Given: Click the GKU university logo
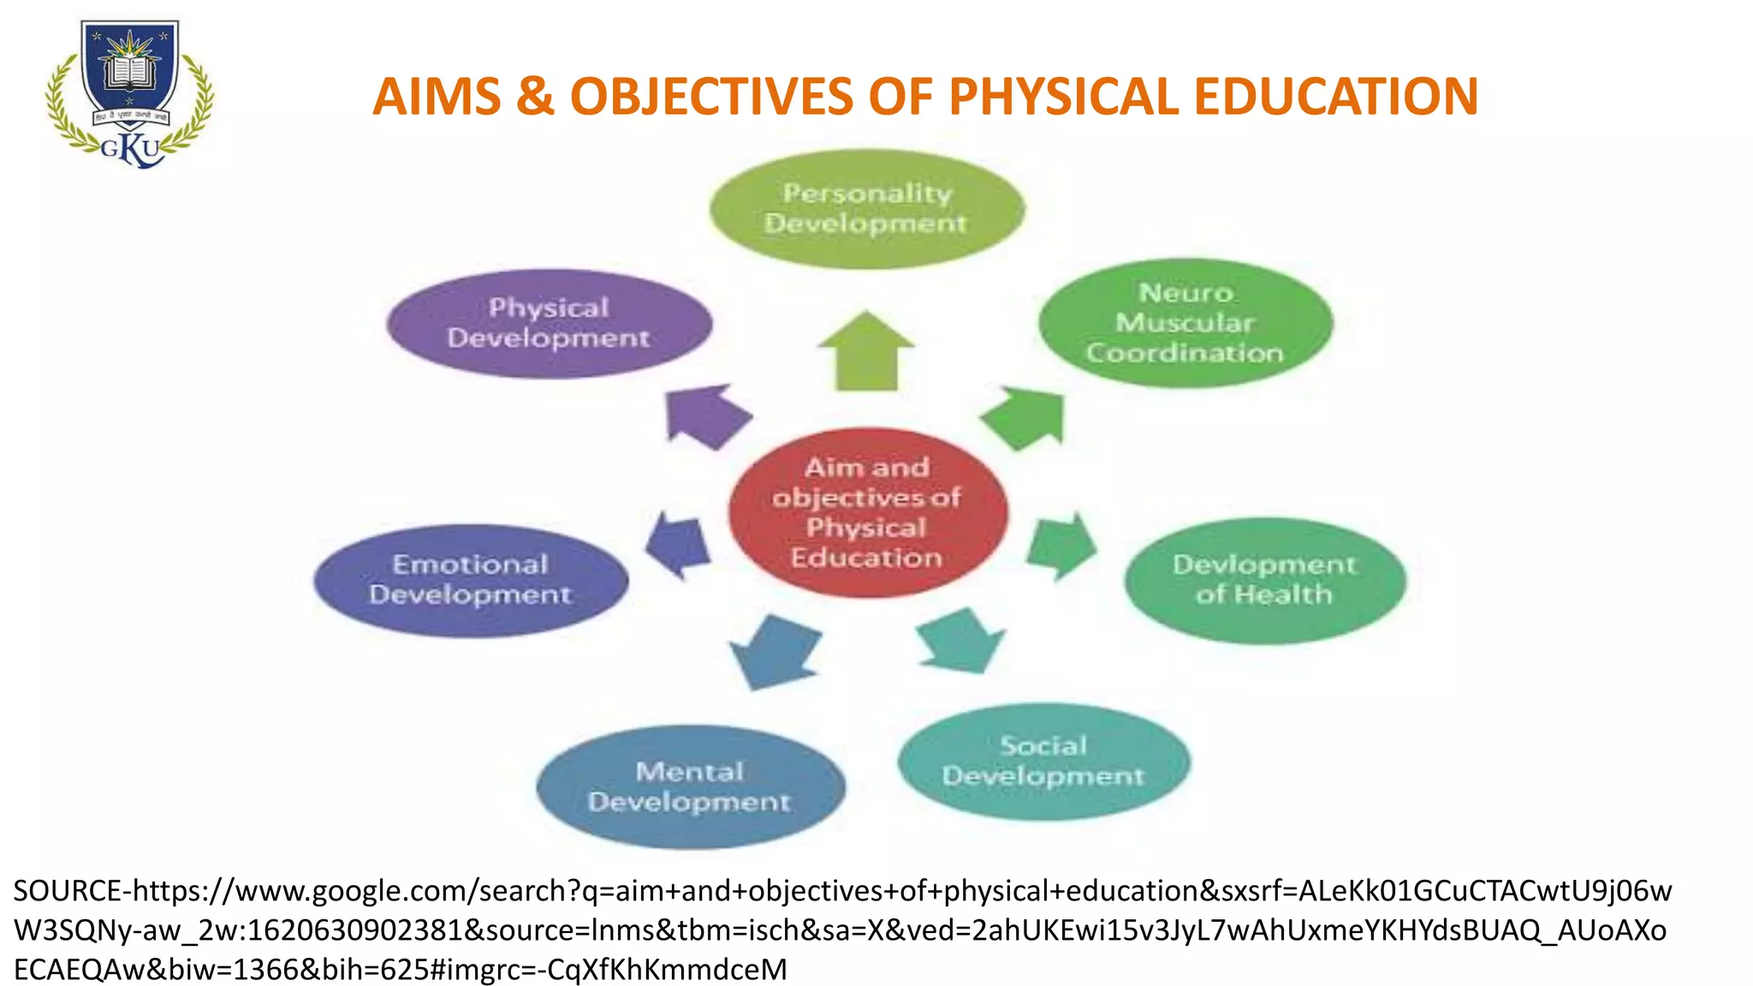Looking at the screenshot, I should pos(129,94).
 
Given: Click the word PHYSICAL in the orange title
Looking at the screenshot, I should pos(1064,96).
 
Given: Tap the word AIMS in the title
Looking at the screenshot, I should pos(437,96).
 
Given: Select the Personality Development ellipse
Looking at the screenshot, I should pos(866,209).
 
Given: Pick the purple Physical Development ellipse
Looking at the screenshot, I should pos(549,324).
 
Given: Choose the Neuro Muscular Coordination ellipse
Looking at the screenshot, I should pos(1186,324).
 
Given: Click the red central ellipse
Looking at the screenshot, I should pos(867,512).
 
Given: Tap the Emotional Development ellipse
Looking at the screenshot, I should pos(471,580).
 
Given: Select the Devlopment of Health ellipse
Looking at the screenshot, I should pos(1264,580).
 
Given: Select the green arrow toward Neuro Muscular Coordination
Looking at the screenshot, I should pos(1025,418).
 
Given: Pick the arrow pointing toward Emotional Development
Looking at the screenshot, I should pos(678,545).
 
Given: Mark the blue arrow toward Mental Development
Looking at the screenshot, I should pos(773,651).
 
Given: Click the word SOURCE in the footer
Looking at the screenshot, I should pos(67,892).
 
